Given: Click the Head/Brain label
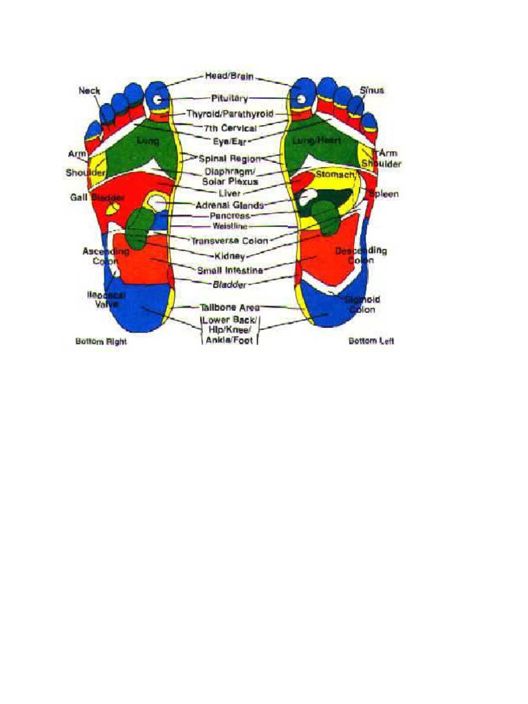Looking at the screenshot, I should pyautogui.click(x=229, y=76).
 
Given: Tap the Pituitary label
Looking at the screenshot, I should pyautogui.click(x=229, y=99).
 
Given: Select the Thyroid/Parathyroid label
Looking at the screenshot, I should pyautogui.click(x=230, y=113).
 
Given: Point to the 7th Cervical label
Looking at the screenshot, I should pyautogui.click(x=230, y=129).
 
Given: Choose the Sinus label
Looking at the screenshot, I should pyautogui.click(x=371, y=90).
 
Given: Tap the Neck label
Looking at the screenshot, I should pyautogui.click(x=89, y=90).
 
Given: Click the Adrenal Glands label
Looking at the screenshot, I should pyautogui.click(x=230, y=205).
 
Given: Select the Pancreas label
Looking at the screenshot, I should pyautogui.click(x=230, y=216).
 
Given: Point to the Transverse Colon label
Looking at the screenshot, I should pyautogui.click(x=230, y=241).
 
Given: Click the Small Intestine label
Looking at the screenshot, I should pyautogui.click(x=230, y=270).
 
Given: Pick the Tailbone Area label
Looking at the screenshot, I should pyautogui.click(x=230, y=307).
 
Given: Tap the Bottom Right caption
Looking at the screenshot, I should pyautogui.click(x=100, y=342).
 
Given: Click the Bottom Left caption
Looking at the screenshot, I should pyautogui.click(x=371, y=342).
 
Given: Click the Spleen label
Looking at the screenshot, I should pyautogui.click(x=384, y=195).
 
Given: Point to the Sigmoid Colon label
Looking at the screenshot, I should pyautogui.click(x=363, y=305).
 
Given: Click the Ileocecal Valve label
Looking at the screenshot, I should pyautogui.click(x=105, y=299).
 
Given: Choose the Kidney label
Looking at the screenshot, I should pyautogui.click(x=230, y=256).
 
